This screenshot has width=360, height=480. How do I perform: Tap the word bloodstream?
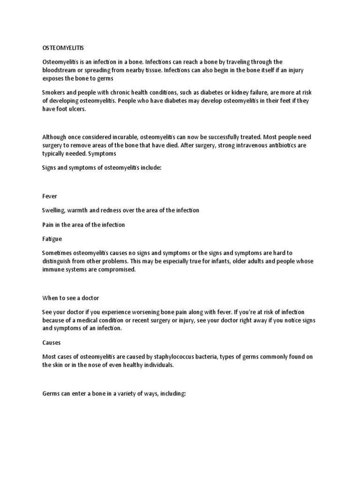click(x=58, y=70)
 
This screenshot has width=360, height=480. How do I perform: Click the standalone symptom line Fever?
click(x=50, y=196)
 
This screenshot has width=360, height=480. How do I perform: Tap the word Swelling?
click(x=54, y=210)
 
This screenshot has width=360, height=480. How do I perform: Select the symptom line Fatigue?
click(x=52, y=239)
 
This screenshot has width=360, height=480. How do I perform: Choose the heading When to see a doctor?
click(x=71, y=298)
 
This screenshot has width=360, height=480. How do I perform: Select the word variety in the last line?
click(x=125, y=394)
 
